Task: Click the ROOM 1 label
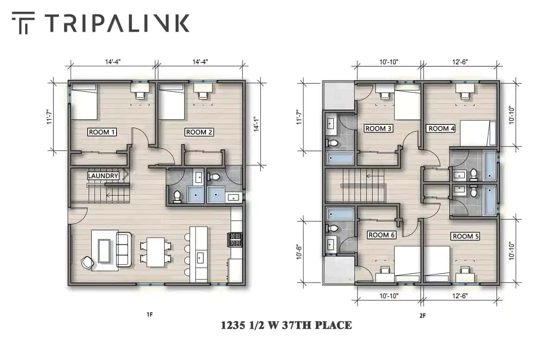click(102, 132)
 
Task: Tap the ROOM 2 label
click(199, 132)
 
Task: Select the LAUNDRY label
click(103, 176)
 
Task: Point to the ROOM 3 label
click(378, 129)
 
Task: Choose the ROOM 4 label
click(441, 129)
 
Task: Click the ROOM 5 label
click(466, 236)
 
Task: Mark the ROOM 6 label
click(381, 235)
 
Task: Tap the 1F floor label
click(149, 315)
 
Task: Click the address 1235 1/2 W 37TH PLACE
click(286, 325)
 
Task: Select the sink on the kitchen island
click(201, 258)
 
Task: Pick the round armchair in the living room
click(87, 263)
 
